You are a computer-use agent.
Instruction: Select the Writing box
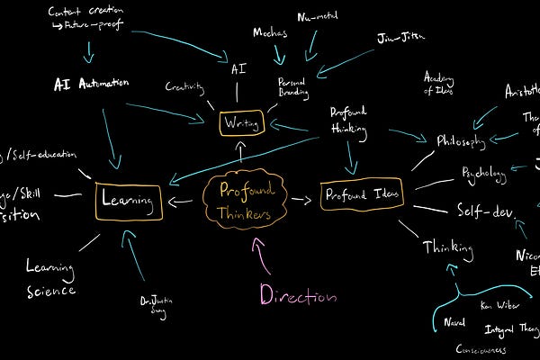(x=241, y=121)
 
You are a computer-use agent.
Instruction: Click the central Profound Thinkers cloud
(x=242, y=201)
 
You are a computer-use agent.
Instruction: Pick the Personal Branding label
(x=292, y=87)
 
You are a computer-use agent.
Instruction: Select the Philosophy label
(x=461, y=140)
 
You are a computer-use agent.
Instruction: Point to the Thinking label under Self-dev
(x=447, y=245)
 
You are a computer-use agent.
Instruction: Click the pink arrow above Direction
(x=263, y=256)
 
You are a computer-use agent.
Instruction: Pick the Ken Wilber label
(x=498, y=305)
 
